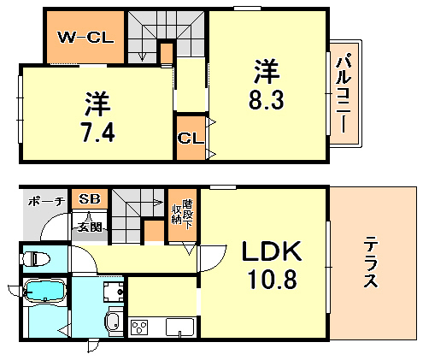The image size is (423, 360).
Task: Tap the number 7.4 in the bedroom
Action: (96, 133)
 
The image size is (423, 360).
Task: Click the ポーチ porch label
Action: (44, 202)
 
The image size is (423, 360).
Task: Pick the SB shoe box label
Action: (89, 199)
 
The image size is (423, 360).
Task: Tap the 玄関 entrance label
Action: (88, 226)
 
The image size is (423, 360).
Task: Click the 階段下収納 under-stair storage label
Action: (179, 208)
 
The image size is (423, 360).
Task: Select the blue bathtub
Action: (44, 292)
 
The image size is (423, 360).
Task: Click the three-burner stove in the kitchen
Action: (140, 328)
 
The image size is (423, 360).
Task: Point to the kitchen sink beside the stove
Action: (179, 328)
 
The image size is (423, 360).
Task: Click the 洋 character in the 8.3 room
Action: (266, 66)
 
